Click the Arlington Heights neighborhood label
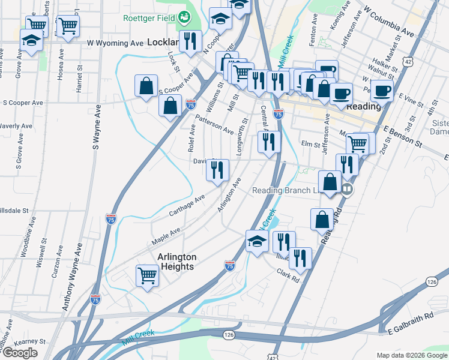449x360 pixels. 176,261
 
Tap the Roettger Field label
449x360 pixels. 149,18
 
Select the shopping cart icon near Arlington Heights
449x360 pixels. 147,276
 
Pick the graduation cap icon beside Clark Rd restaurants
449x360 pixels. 257,241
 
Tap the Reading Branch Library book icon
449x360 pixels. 347,190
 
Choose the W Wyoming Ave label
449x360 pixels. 115,43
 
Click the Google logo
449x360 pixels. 19,353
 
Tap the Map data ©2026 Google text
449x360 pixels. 411,355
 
